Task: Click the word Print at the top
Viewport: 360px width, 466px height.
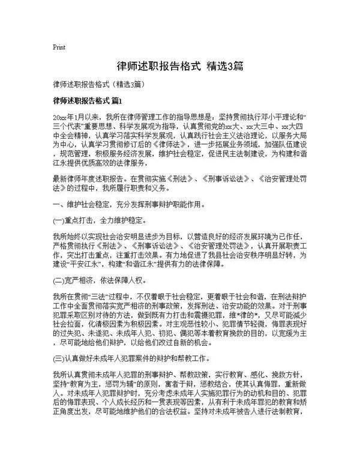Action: (59, 47)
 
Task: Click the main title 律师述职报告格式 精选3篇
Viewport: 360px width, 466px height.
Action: (180, 65)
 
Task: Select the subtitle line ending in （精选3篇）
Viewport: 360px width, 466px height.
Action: (98, 84)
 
